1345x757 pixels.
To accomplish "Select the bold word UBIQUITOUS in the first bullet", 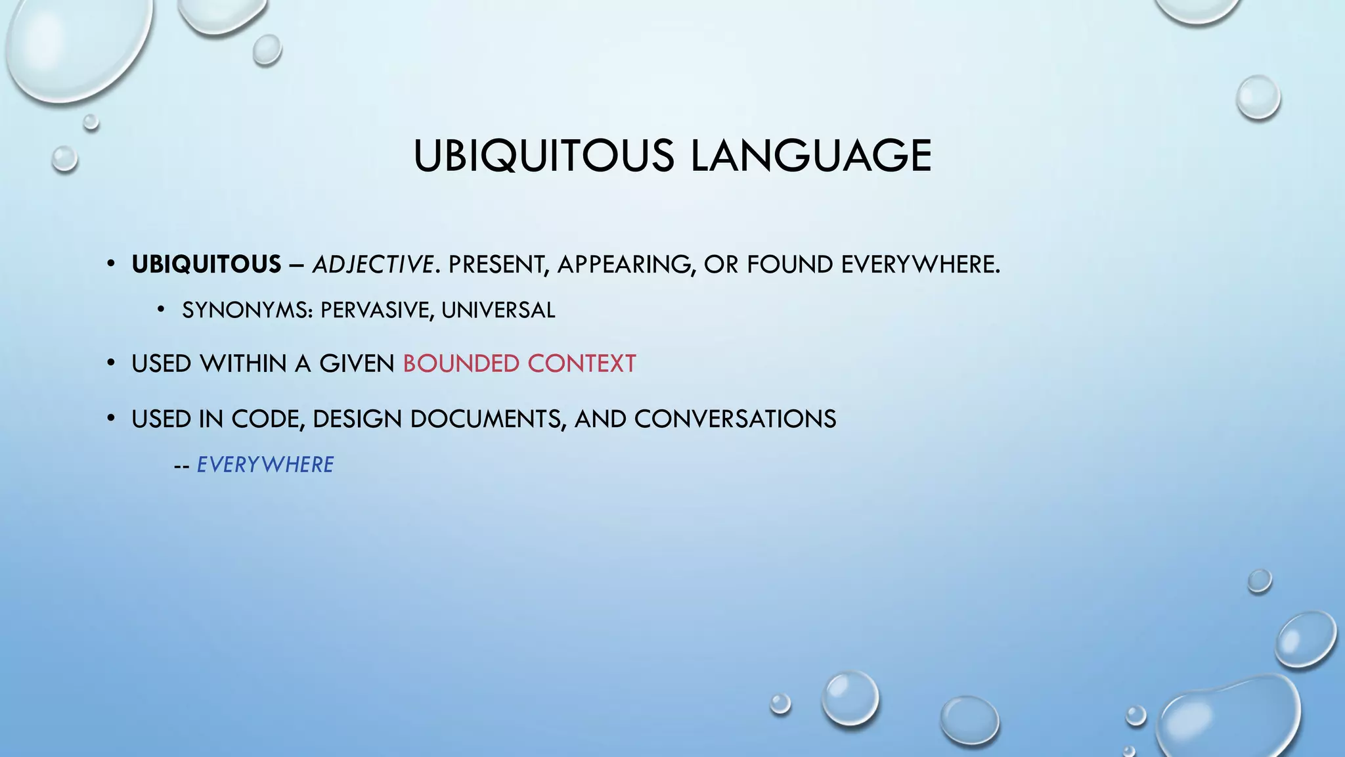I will click(206, 264).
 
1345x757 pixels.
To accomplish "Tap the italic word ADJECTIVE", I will click(372, 264).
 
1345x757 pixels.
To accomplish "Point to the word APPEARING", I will click(626, 264).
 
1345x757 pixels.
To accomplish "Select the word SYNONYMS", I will click(247, 310).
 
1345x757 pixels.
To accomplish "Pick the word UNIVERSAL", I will click(498, 310).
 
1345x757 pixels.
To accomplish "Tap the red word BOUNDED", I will click(461, 363).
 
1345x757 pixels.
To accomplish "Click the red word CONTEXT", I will click(582, 363).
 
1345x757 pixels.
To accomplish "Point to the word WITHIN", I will click(244, 363).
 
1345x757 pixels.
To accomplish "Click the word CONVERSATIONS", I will click(735, 419).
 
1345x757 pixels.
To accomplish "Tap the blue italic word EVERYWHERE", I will click(265, 465).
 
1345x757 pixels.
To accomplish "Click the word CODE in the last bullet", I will click(268, 419).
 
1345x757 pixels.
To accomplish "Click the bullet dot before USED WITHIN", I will click(111, 363).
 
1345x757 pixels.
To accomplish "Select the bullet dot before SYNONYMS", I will click(161, 310).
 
